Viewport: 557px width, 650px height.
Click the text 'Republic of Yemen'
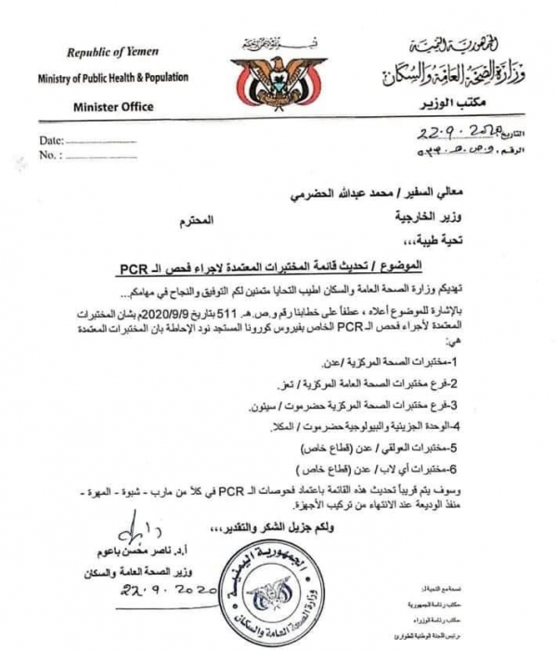pyautogui.click(x=106, y=58)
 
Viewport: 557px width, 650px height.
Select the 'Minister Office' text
pyautogui.click(x=113, y=107)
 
